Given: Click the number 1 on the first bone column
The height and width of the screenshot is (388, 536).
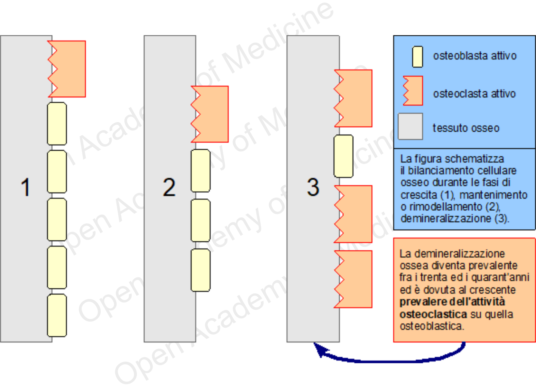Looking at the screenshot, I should pos(26,187).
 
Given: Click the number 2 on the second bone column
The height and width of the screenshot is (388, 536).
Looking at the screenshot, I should pos(169,187).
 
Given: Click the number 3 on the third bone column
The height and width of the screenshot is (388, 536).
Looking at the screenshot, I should pos(313,187).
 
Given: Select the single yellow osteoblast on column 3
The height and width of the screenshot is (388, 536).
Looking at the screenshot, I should pos(344,156).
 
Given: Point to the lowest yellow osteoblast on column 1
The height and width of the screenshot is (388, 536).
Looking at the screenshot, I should pos(57,315).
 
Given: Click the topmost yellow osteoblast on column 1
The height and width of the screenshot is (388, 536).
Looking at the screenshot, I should pos(57,124).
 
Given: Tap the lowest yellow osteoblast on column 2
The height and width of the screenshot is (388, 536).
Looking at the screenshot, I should pos(200,270).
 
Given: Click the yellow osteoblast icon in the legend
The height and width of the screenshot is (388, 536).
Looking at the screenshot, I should pos(417,57).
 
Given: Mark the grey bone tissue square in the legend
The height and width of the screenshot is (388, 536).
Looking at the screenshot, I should pos(410,126).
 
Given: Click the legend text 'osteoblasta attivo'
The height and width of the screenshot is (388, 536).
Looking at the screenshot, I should pos(475,56).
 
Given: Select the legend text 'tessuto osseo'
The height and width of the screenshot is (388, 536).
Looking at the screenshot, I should pos(466,128).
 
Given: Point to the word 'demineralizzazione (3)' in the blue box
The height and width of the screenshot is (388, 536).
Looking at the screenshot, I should pos(454,218).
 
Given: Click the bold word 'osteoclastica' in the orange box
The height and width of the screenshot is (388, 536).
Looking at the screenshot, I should pos(433,314).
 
